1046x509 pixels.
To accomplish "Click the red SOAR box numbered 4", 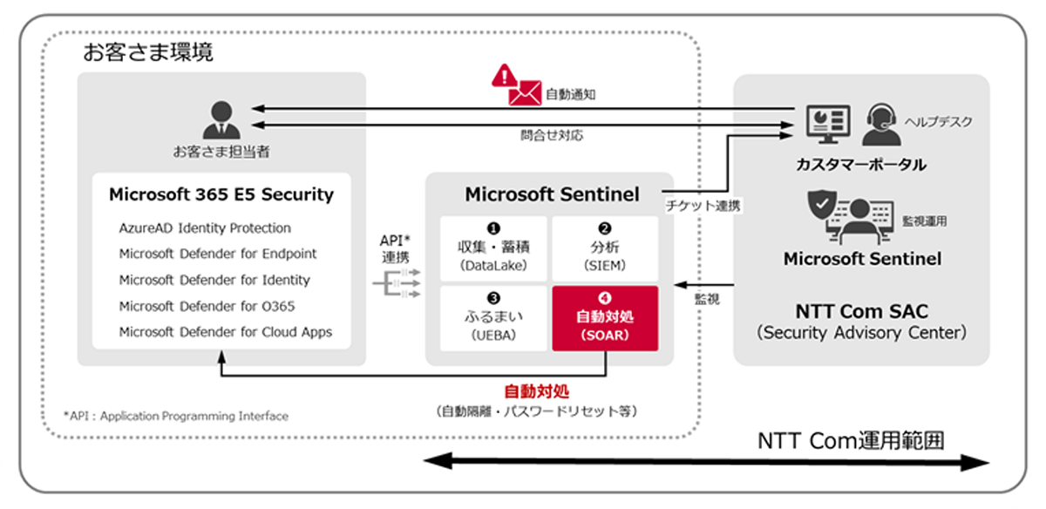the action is [605, 318].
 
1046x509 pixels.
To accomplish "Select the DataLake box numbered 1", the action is [493, 249].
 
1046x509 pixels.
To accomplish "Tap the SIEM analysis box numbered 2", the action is [605, 249].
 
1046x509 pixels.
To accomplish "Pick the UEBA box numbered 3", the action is [493, 318].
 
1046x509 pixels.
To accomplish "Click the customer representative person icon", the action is [221, 119].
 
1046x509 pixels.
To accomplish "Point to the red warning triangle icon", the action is [505, 76].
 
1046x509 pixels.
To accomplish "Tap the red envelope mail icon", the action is [525, 93].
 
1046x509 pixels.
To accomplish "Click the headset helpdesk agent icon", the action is [881, 125].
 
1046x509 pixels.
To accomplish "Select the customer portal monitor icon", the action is [828, 124].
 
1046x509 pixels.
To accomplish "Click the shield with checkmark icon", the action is [822, 205].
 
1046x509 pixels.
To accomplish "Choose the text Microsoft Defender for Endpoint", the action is [218, 254].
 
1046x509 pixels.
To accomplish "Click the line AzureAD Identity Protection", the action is [205, 227].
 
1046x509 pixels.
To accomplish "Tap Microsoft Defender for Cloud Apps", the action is [226, 332].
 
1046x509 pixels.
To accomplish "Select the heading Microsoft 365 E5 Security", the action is [221, 194].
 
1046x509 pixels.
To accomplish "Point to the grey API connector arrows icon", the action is [397, 283].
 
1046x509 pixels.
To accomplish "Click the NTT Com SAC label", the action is [861, 311].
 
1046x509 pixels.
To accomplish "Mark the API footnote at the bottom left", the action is [176, 416].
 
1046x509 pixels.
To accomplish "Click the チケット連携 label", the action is [703, 206].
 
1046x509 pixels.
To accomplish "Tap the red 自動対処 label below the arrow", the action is [537, 391].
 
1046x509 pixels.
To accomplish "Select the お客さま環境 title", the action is [148, 51].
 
